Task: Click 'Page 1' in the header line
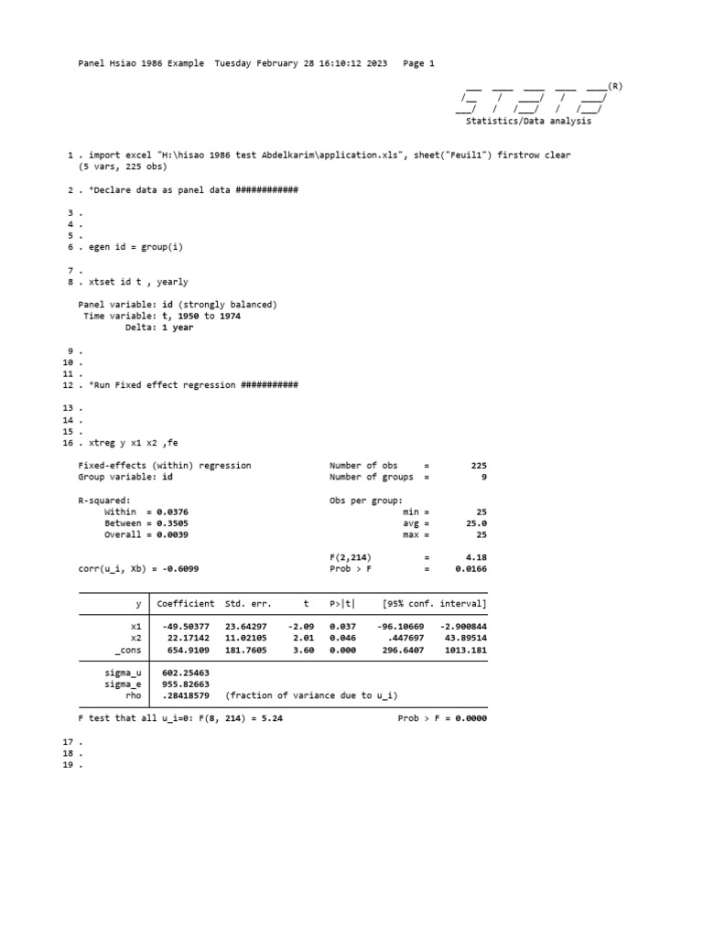pos(418,63)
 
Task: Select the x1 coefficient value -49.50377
pos(187,627)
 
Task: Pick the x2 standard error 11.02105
pos(248,638)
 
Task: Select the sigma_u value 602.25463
pos(187,673)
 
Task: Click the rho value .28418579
pos(187,695)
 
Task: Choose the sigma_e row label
pos(124,684)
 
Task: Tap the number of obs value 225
pos(479,466)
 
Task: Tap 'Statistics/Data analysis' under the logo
pos(529,121)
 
